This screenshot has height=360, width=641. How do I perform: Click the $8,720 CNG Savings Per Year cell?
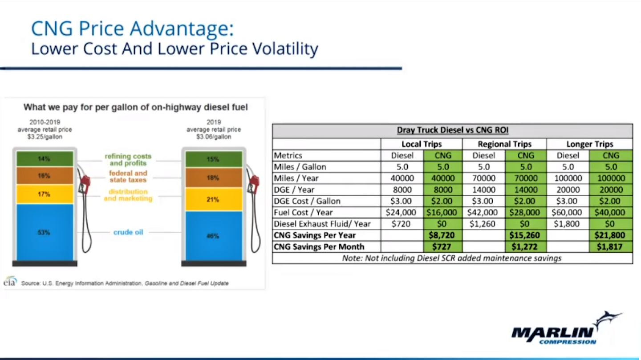[442, 235]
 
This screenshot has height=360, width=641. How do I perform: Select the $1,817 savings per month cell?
[610, 247]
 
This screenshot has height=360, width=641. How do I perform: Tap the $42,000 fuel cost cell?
[483, 212]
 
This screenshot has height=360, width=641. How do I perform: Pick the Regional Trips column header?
[504, 144]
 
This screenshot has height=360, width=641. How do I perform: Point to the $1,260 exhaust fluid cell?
[483, 224]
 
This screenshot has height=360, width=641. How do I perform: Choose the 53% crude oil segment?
[45, 232]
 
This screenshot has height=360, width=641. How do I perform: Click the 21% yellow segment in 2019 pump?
[214, 199]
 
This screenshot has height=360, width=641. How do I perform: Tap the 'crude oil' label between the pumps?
[128, 232]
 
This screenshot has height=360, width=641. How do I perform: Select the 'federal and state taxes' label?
[128, 176]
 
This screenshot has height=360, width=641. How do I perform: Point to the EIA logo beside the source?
[10, 282]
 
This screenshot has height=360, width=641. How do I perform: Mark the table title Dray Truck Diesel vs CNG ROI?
[452, 130]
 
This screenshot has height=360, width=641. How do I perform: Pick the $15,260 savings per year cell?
[525, 235]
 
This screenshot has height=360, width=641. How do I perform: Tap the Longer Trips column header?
[589, 144]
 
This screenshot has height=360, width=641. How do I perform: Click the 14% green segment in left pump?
[45, 159]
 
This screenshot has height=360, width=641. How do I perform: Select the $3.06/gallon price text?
[213, 137]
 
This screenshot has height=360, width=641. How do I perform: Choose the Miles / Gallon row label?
[300, 167]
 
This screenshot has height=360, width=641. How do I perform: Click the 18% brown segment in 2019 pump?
[214, 178]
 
